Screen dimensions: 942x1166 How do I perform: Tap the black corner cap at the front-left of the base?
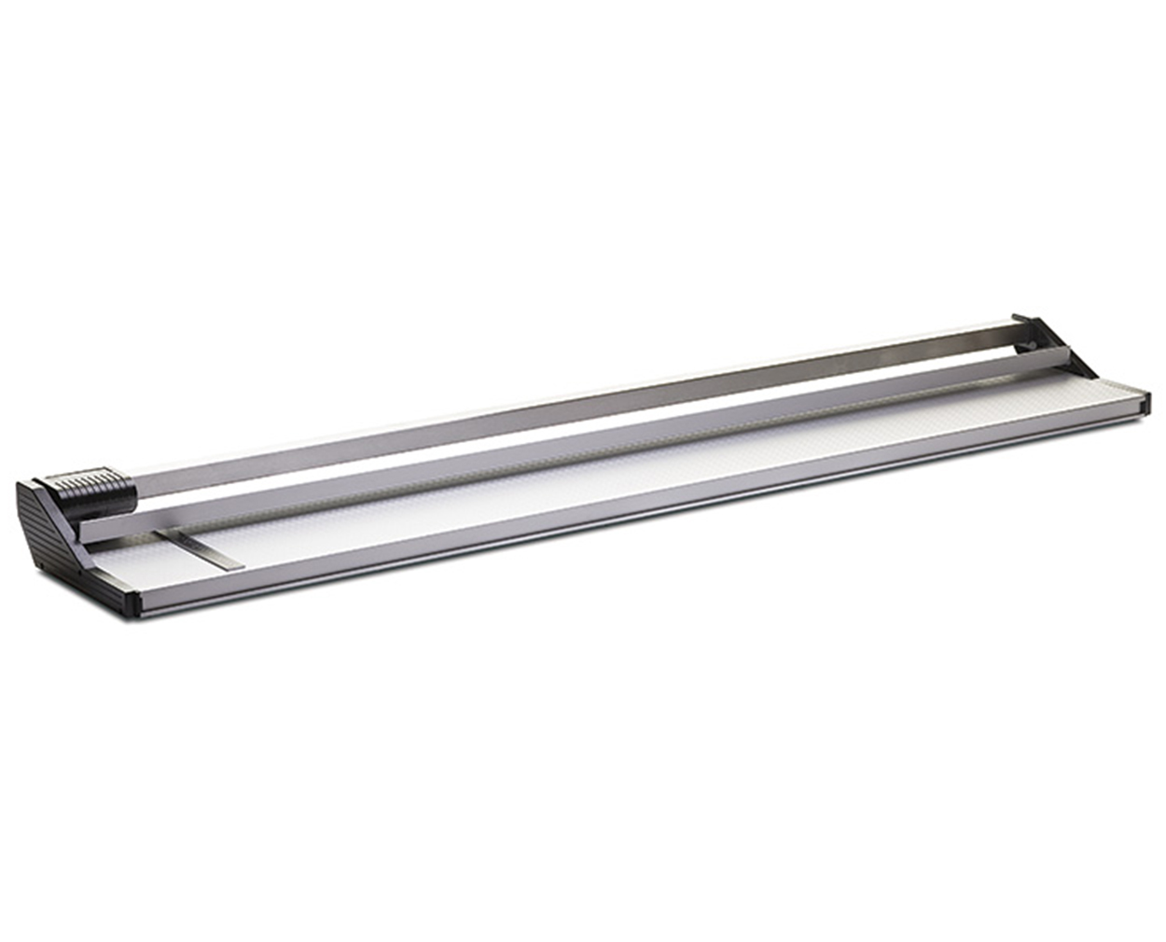pyautogui.click(x=131, y=603)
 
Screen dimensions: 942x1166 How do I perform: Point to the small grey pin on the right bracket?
pyautogui.click(x=1028, y=349)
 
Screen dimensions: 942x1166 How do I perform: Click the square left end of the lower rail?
pyautogui.click(x=87, y=529)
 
